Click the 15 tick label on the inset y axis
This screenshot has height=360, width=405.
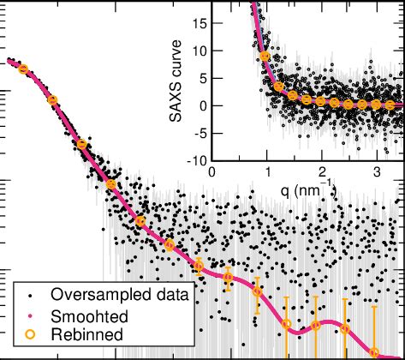(x=198, y=22)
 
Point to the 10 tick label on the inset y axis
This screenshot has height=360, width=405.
(x=198, y=51)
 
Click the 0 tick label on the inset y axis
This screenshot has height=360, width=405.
(x=202, y=105)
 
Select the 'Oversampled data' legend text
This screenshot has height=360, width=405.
(x=120, y=295)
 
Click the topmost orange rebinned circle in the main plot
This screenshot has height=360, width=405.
(x=23, y=69)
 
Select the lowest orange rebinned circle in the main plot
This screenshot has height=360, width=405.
(x=374, y=351)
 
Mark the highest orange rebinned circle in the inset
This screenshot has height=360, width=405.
(x=265, y=57)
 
